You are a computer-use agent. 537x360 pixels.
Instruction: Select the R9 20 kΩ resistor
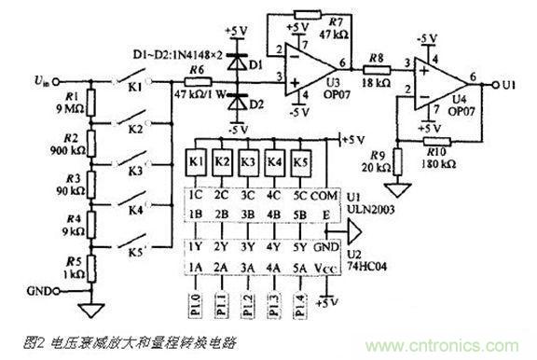tap(398, 162)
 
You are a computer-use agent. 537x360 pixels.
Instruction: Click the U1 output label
tap(508, 84)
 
